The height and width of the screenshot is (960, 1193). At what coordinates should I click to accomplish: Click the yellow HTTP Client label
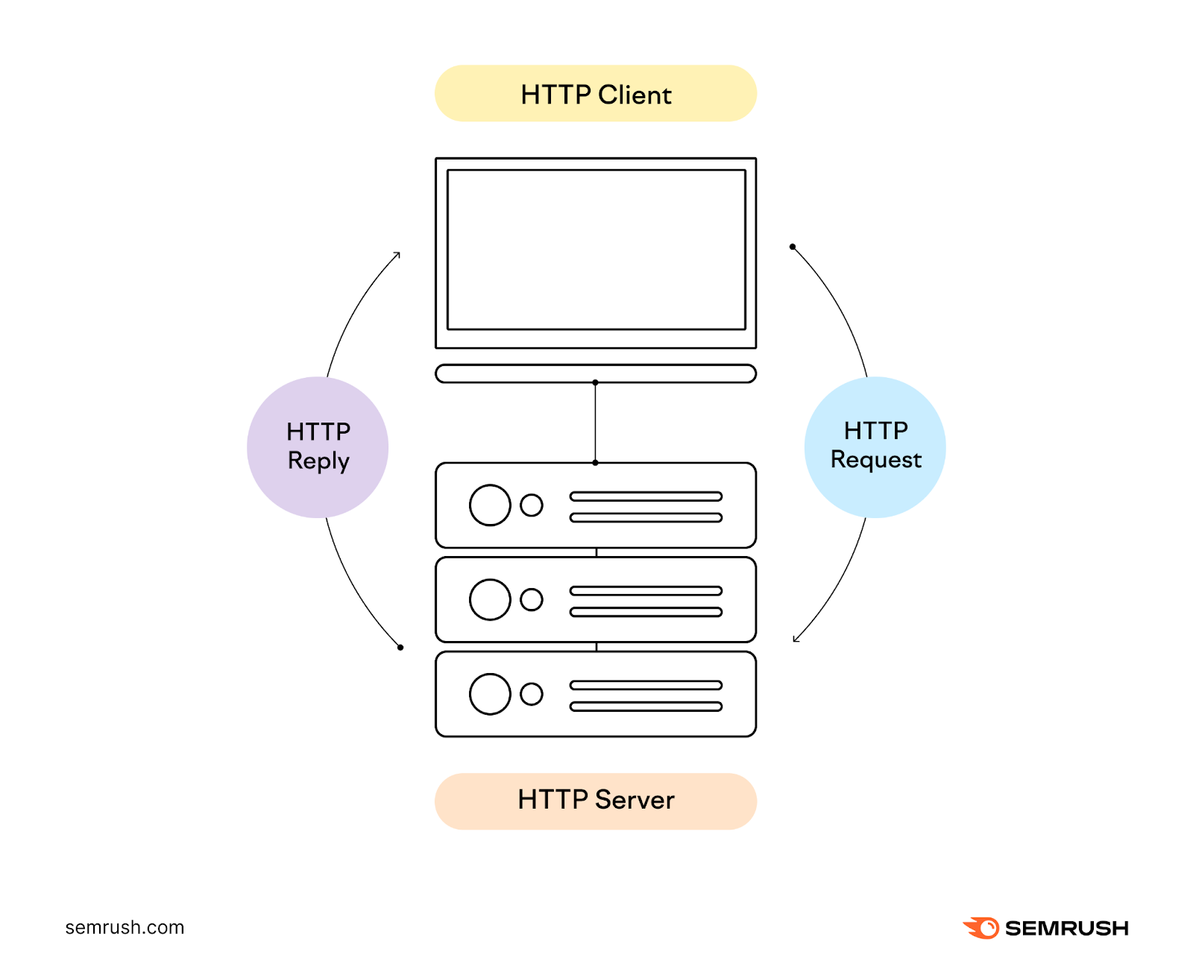tap(595, 94)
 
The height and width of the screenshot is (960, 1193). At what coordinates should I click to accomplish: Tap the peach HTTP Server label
tap(595, 800)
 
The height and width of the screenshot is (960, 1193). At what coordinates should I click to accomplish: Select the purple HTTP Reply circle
tap(318, 447)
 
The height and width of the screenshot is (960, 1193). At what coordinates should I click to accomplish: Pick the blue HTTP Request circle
tap(875, 447)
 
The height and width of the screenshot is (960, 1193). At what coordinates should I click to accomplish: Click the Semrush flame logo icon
tap(981, 928)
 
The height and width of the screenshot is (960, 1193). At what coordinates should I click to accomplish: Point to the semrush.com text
tap(125, 927)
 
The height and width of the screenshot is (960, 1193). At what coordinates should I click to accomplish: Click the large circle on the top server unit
tap(490, 505)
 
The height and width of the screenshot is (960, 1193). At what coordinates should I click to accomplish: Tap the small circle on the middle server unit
tap(532, 599)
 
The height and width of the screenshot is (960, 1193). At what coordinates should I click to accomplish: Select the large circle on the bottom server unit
tap(490, 694)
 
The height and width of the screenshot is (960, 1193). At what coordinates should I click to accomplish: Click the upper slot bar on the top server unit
tap(646, 496)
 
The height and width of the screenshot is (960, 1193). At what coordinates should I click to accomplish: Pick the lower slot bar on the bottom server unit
tap(646, 707)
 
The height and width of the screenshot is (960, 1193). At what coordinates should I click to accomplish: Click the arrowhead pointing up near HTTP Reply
tap(398, 255)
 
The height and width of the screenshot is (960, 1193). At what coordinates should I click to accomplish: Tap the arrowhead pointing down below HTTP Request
tap(796, 639)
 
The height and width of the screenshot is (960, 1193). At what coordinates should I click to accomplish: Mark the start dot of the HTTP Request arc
tap(793, 247)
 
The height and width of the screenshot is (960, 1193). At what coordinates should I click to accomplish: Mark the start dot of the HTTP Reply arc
tap(400, 647)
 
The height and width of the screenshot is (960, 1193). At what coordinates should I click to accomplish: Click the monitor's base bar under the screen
tap(595, 373)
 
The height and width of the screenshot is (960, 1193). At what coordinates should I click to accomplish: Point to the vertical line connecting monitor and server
tap(595, 423)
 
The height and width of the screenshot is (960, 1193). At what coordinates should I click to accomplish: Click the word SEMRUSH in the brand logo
tap(1066, 928)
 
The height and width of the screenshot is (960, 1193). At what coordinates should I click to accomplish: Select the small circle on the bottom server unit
tap(532, 694)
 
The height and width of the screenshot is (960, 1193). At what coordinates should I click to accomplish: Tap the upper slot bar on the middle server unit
tap(646, 591)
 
